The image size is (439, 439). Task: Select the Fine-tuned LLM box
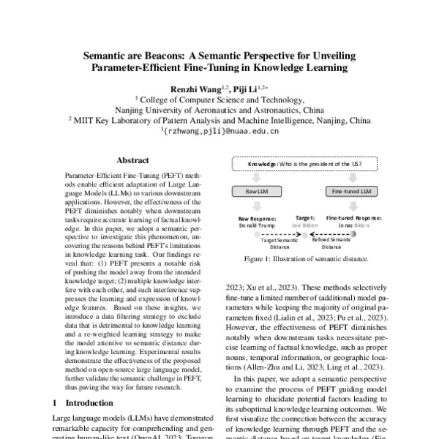tap(356, 192)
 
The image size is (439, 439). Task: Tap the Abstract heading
tap(132, 160)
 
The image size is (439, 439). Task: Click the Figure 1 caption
tap(307, 258)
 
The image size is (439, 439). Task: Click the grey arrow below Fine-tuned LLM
tap(356, 206)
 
